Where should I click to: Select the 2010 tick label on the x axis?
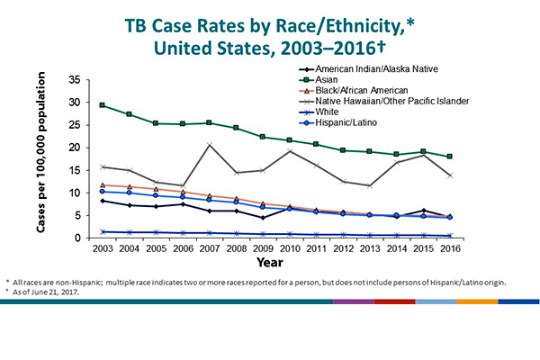point(290,247)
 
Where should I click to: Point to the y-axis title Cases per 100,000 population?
point(41,159)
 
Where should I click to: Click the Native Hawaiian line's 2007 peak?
point(210,145)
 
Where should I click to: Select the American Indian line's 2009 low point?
point(262,218)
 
